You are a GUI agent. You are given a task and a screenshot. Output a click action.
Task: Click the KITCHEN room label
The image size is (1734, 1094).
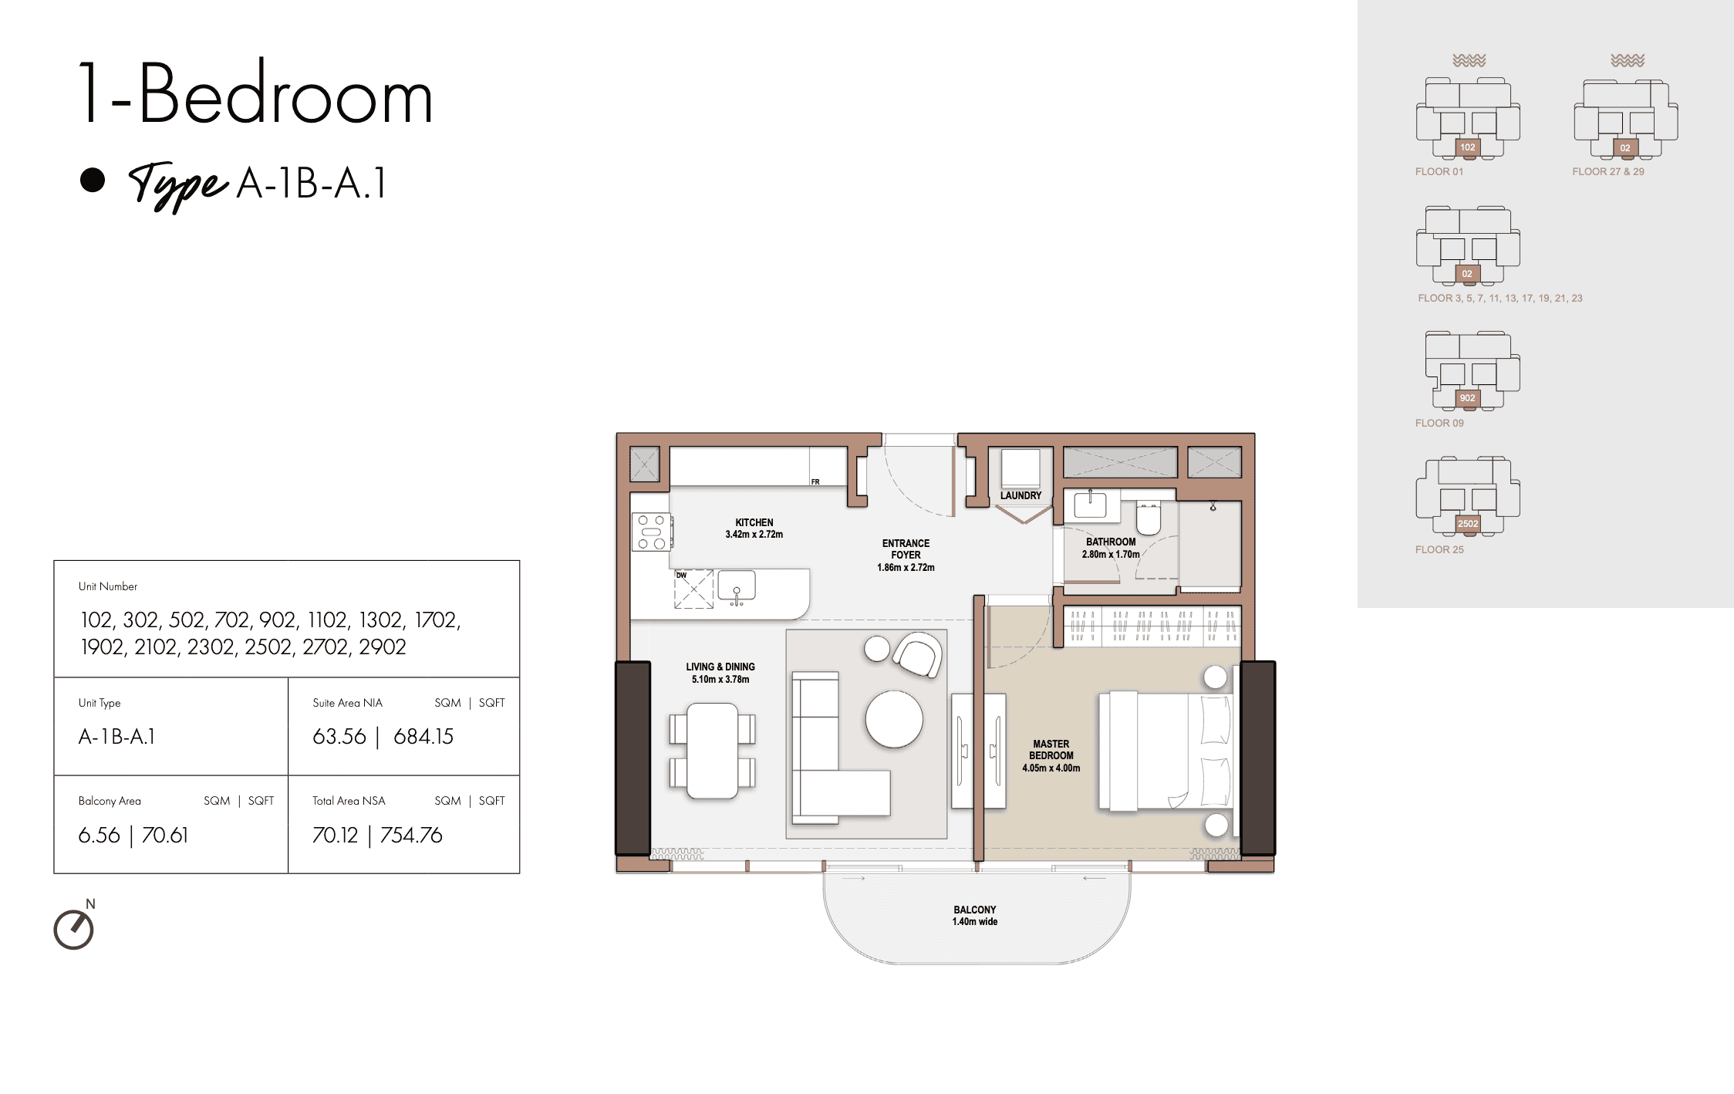point(754,522)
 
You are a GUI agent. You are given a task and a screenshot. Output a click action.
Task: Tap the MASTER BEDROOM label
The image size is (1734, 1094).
point(1051,750)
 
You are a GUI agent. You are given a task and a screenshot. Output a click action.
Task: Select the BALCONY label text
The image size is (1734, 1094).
point(975,910)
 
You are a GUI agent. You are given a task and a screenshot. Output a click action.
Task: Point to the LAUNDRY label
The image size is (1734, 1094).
point(1020,495)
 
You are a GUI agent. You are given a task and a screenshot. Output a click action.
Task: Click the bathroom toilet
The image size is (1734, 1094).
point(1149,518)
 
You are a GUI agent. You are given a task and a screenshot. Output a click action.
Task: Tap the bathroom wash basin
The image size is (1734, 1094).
point(1090,505)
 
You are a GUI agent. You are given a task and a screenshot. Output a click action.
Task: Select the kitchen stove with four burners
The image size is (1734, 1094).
point(652,532)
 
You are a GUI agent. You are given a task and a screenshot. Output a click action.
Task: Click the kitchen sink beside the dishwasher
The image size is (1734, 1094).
point(737,586)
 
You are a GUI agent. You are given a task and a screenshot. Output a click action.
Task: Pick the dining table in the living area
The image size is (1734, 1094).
point(713,751)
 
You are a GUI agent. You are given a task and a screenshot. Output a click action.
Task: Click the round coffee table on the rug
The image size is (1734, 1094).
point(894,719)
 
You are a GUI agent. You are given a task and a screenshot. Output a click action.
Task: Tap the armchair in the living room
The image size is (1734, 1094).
point(918,655)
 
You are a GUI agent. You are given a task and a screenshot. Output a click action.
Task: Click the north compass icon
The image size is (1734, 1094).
point(74,928)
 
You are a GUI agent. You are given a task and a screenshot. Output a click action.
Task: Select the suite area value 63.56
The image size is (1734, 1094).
point(339,737)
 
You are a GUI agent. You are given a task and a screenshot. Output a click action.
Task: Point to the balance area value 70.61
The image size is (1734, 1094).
point(165,836)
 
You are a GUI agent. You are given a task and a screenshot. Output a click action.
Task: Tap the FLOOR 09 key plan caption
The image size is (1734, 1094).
point(1439,423)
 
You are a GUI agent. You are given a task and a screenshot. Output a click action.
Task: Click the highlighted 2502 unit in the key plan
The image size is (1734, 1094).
point(1468,524)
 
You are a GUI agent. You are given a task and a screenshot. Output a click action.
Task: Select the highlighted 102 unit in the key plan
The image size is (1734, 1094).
point(1467,147)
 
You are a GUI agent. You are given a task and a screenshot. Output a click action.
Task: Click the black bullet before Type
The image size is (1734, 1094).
point(93,180)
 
